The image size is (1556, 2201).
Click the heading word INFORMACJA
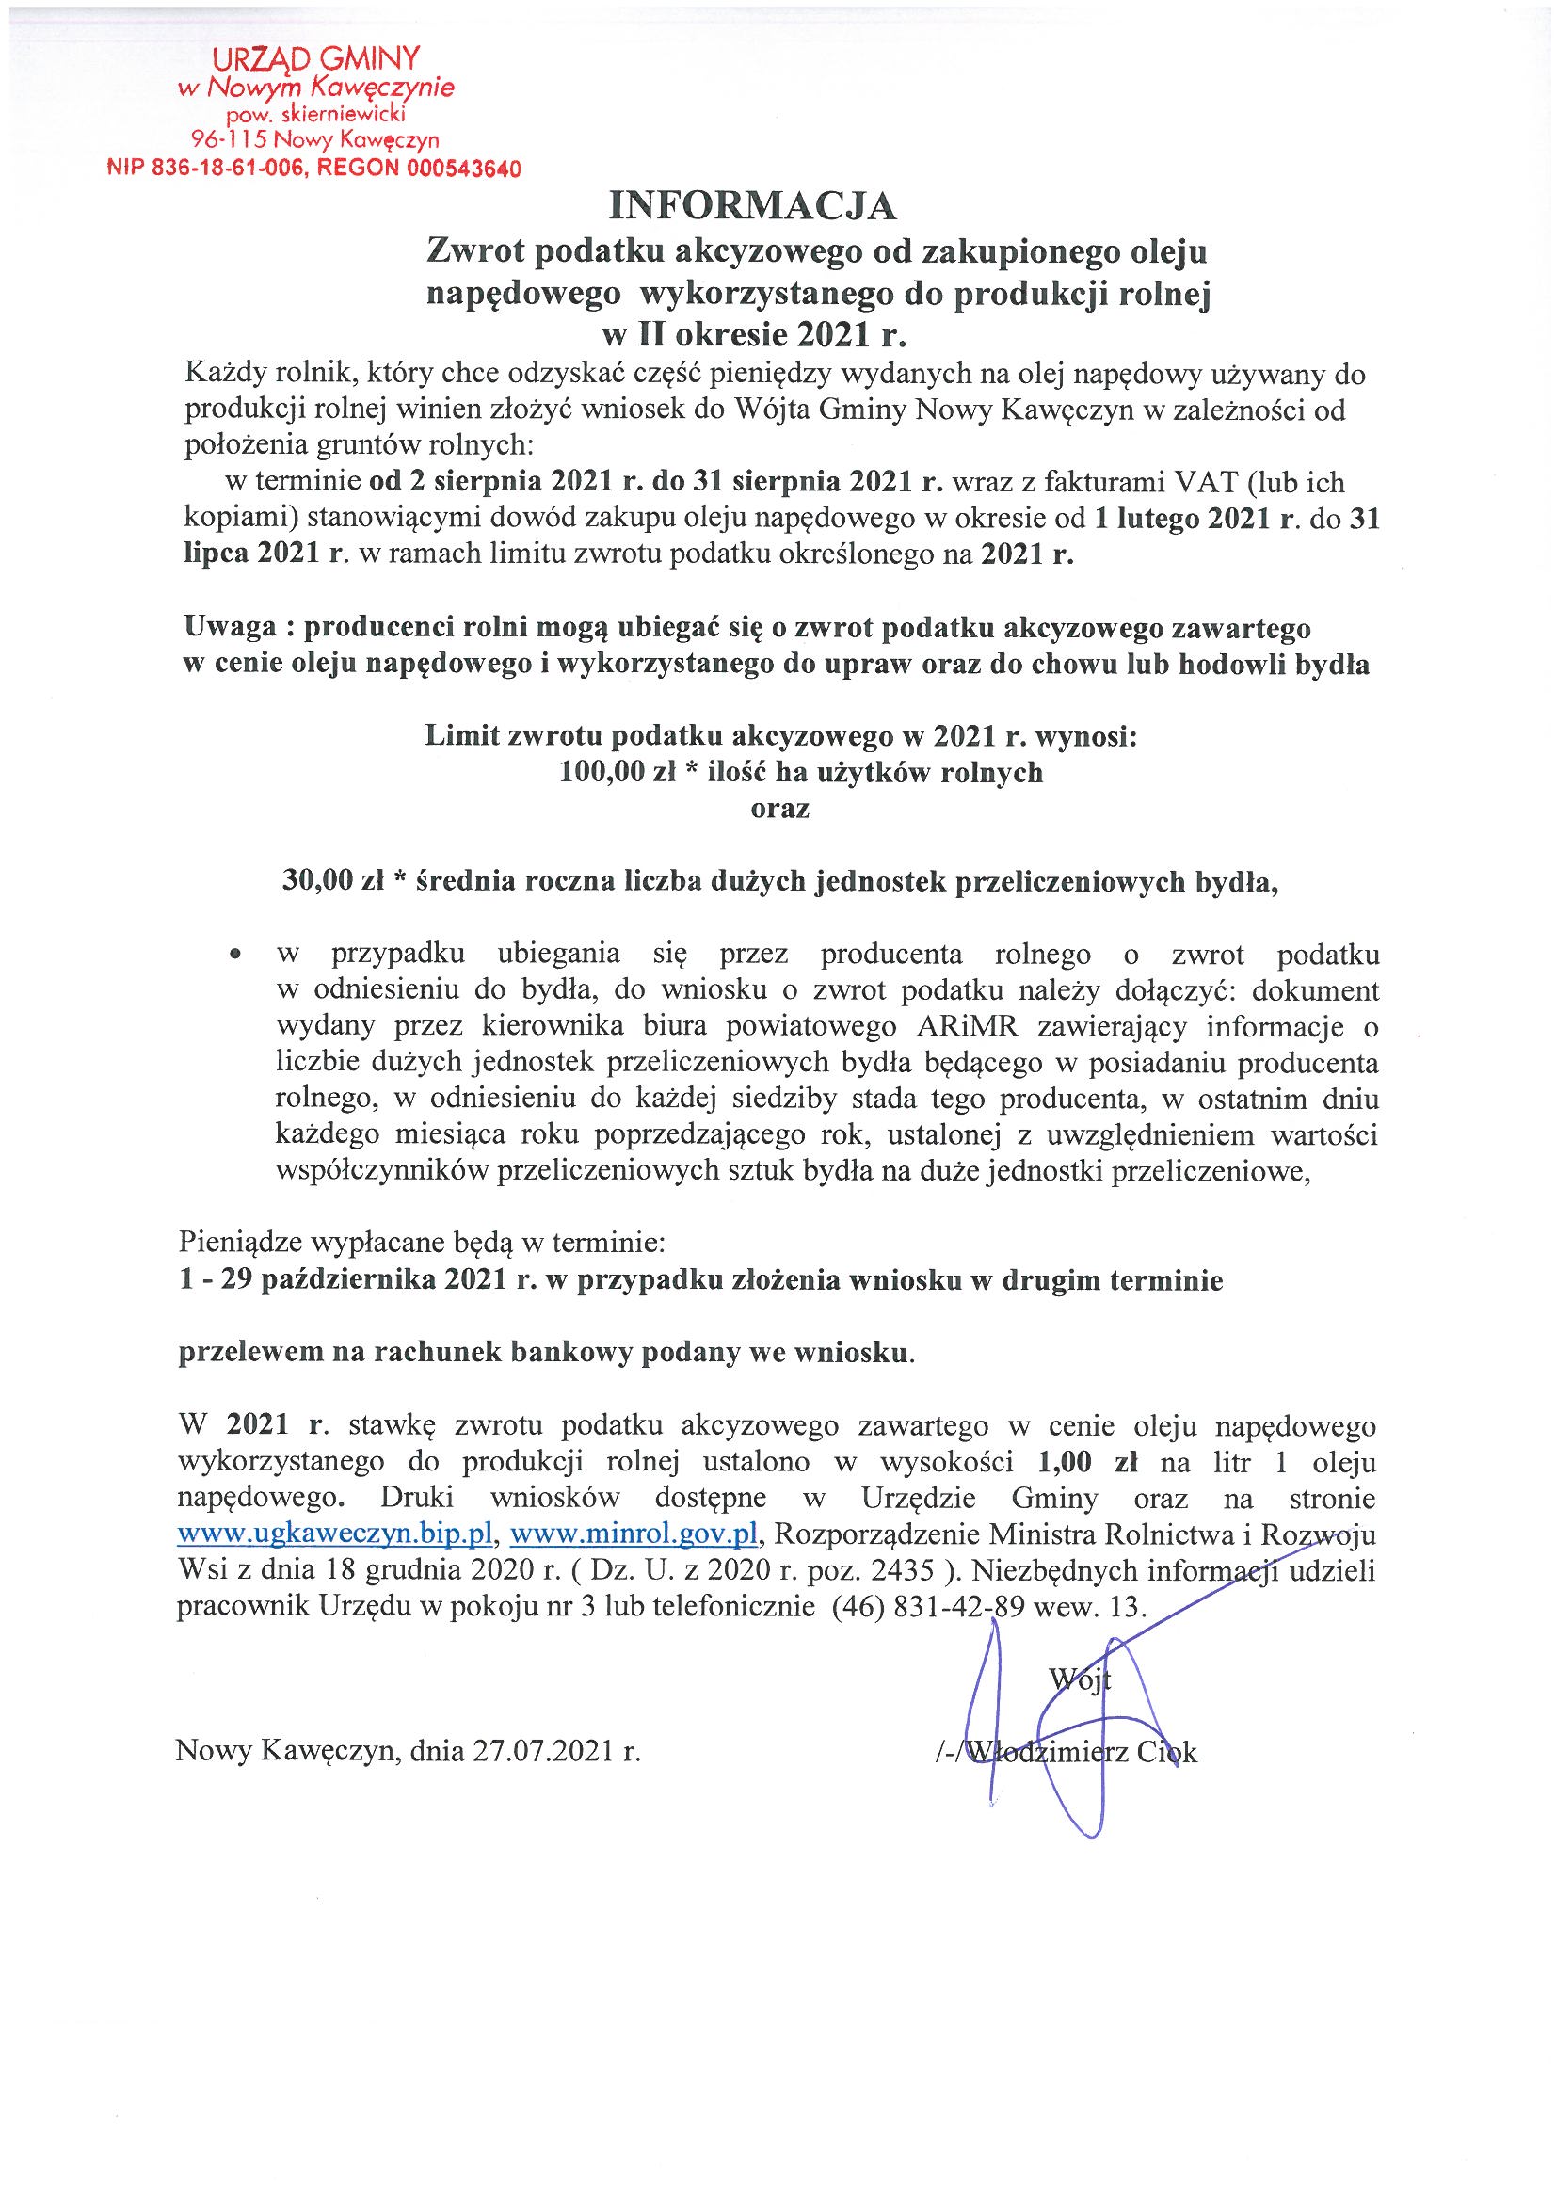point(754,205)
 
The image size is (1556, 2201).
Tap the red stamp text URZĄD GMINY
point(315,59)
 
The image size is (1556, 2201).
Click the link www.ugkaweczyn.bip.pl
point(335,1534)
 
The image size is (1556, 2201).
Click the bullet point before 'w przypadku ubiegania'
point(234,956)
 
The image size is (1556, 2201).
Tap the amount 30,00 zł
point(332,881)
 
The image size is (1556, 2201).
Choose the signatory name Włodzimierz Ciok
point(1083,1752)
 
